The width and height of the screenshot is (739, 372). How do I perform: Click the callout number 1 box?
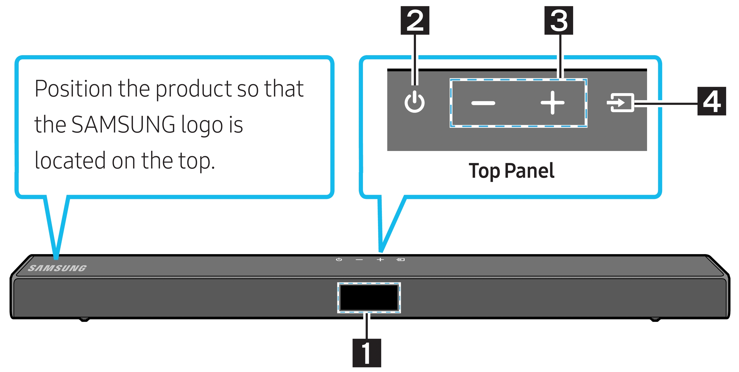367,353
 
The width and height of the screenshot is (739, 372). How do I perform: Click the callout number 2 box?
415,20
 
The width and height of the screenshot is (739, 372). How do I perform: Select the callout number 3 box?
559,20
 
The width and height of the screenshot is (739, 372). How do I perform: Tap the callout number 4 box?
712,101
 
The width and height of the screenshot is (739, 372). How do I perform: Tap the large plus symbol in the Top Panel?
552,103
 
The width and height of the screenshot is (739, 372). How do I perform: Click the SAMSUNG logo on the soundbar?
57,268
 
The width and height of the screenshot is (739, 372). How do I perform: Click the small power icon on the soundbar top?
339,260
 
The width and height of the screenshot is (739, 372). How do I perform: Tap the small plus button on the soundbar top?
380,260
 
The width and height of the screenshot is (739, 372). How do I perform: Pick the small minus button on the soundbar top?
359,260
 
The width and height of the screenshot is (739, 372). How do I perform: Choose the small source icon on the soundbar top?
400,260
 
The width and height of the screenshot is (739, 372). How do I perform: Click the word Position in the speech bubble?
73,89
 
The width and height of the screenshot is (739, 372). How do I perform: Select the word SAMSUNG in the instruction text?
123,124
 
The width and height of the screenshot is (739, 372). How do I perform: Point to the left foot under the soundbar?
84,319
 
